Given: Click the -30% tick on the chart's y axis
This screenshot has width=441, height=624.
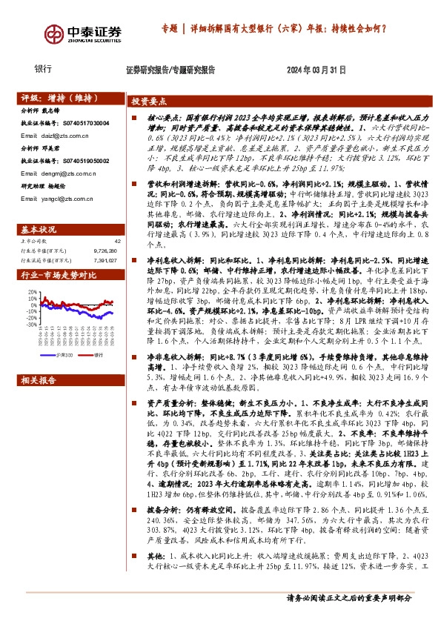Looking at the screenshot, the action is coord(33,325).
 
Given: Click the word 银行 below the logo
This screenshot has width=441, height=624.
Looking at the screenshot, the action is coord(44,69).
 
